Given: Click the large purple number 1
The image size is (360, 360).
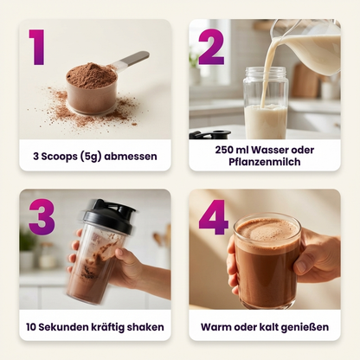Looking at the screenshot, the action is (37, 47).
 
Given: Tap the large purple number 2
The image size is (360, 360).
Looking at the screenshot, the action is (211, 47).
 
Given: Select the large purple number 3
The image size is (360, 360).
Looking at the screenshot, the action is (42, 217).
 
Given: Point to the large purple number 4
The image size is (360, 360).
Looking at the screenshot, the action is (214, 217).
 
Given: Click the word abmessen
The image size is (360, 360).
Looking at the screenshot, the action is (131, 157).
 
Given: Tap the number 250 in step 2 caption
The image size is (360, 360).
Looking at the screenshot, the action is (224, 150).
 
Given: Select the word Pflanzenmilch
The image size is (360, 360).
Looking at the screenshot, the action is (265, 162).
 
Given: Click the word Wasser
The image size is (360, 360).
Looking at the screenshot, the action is (270, 150).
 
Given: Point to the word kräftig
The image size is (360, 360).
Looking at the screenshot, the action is (108, 327).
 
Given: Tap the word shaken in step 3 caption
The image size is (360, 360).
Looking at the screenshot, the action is (145, 327).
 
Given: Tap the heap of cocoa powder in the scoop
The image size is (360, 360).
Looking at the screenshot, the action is (91, 75).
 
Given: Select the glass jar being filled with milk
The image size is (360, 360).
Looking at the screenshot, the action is (265, 103).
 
